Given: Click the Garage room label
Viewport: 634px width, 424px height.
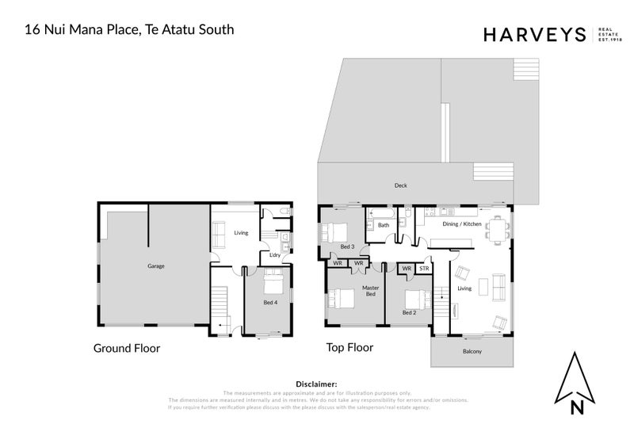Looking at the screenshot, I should click(155, 266).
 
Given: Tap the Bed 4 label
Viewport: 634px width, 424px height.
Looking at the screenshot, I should click(270, 303).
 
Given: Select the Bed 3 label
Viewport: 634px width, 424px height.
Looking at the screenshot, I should click(325, 246).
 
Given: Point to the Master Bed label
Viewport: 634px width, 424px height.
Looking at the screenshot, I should click(369, 291).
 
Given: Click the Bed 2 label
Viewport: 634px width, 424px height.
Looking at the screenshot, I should click(409, 313).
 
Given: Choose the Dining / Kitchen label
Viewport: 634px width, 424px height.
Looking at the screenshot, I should click(461, 224).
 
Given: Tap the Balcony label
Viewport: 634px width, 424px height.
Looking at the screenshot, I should click(472, 351).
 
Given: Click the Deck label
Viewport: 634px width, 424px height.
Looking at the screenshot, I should click(401, 186).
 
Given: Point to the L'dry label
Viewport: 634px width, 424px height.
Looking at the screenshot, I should click(275, 255).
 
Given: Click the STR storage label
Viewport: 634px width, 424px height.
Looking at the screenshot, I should click(423, 269).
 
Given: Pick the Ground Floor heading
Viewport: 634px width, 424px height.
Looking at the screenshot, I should click(127, 348).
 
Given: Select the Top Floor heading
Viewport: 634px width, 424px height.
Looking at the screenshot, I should click(349, 348).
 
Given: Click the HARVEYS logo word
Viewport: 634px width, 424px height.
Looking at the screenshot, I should click(533, 34).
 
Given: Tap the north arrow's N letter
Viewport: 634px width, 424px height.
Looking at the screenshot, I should click(579, 408).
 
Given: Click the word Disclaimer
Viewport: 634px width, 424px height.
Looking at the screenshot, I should click(316, 383).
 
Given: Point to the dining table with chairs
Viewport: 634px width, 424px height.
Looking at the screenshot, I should click(497, 230).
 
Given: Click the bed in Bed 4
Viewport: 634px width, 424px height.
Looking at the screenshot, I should click(272, 283).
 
